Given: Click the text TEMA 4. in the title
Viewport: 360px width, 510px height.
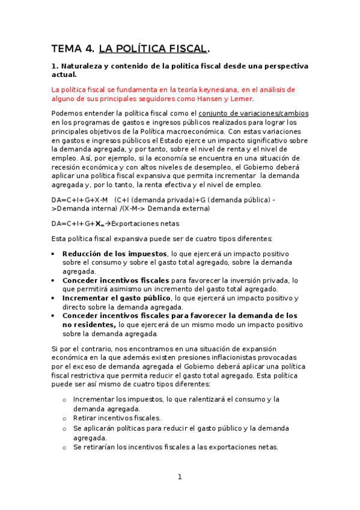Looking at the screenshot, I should (x=72, y=49).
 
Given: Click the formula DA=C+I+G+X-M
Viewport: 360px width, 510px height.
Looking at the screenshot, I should (x=79, y=199).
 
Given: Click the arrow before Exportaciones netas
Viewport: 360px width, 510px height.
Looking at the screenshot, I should (x=108, y=224).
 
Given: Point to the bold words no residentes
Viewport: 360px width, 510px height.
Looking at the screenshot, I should (x=89, y=325).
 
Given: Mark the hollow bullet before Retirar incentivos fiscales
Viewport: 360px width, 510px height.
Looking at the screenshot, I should (x=64, y=419).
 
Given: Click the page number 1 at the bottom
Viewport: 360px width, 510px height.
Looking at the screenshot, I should (x=179, y=478).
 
